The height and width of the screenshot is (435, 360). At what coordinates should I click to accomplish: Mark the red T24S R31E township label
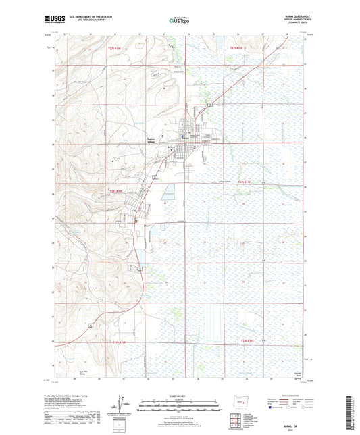pos(251,342)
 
